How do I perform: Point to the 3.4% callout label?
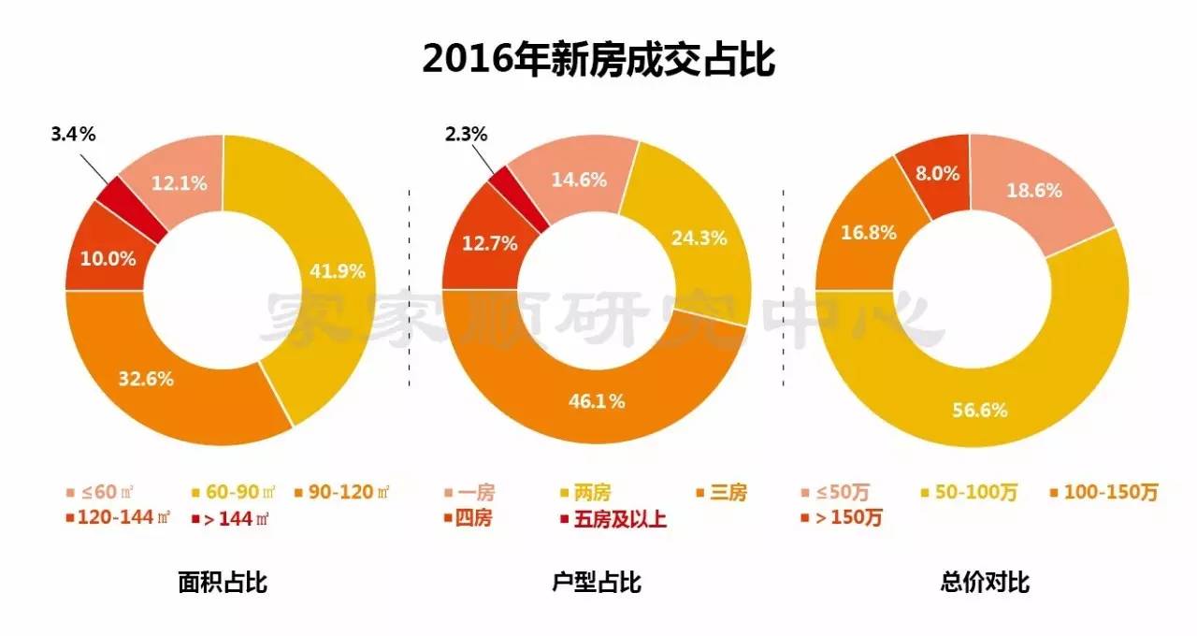click(x=73, y=134)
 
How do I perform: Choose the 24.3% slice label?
click(x=699, y=238)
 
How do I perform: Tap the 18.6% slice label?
click(x=1033, y=191)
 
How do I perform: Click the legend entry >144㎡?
click(x=224, y=518)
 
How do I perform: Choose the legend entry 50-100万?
click(x=964, y=493)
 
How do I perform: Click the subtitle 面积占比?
click(x=223, y=583)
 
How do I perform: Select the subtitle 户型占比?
click(x=597, y=583)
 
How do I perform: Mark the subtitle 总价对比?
click(x=984, y=583)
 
